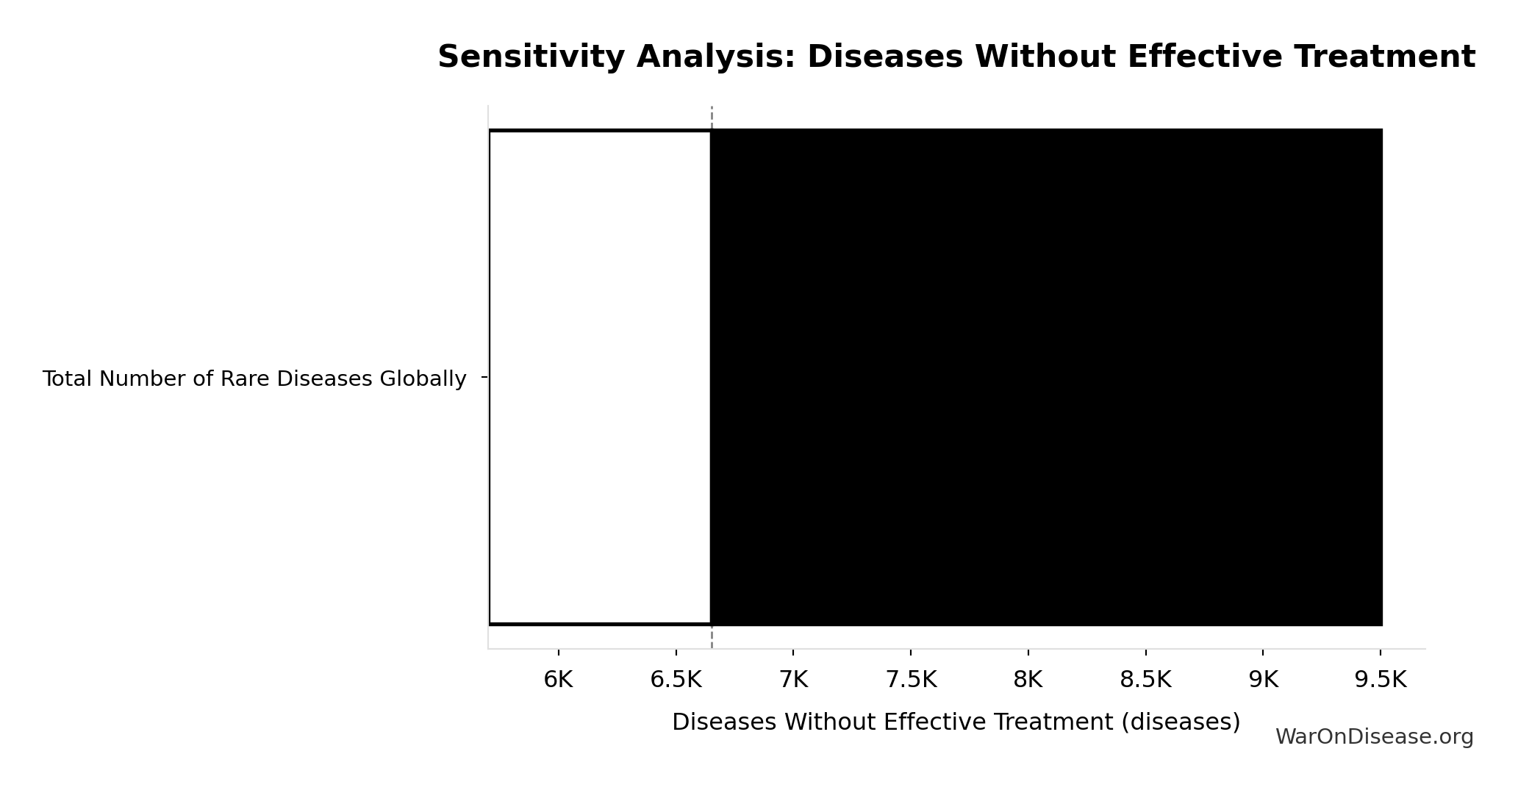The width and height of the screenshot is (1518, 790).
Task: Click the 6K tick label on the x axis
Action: [558, 680]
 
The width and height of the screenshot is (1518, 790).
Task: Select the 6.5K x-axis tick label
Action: [676, 680]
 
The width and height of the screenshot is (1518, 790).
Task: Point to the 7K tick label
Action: [793, 680]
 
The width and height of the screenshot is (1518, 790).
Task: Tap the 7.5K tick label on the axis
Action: [911, 680]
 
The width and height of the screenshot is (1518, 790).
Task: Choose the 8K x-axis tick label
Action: [1028, 680]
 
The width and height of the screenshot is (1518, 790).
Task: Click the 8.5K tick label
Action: [1145, 680]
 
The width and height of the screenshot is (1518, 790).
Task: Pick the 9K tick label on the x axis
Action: [1263, 680]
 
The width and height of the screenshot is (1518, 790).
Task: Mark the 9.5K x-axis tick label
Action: [1381, 680]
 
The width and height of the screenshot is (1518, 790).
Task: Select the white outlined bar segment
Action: [600, 377]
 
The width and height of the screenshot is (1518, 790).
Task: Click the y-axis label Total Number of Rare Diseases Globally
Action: [254, 379]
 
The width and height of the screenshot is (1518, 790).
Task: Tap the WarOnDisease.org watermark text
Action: [1374, 737]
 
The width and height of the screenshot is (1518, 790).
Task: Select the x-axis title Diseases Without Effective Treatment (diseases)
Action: [956, 722]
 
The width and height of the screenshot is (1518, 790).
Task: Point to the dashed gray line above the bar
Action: [712, 118]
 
